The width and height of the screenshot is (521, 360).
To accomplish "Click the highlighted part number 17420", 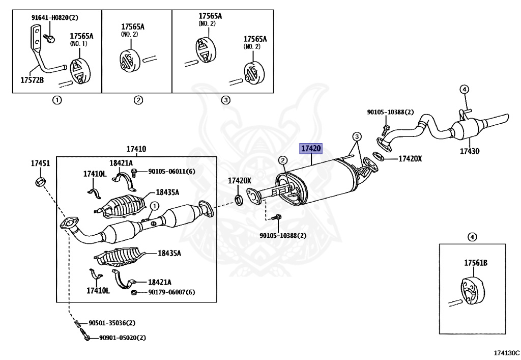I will coord(311,149).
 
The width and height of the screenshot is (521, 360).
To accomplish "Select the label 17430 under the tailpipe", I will coord(470,151).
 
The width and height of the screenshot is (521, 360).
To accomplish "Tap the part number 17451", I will coord(40,163).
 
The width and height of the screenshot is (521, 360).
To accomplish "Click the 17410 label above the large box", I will coord(136,149).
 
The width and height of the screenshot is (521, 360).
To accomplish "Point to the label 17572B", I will coord(33,80).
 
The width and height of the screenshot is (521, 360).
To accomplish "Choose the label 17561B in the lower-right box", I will coord(475,263).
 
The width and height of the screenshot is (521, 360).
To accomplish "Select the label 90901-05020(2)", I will coord(122,338).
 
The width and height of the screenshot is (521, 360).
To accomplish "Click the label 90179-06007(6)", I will coord(171,292).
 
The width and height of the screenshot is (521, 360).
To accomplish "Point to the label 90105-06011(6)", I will coord(171,171).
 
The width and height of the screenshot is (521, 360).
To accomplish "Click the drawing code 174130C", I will coord(506,352).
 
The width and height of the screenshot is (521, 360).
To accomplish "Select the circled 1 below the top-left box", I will coord(57,100).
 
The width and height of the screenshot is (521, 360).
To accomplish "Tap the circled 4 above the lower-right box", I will coord(472,236).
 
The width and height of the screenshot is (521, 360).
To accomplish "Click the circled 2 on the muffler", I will coord(281,161).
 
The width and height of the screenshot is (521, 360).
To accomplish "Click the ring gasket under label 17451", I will coord(40,181).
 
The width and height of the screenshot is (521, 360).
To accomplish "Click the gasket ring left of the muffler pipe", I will coord(238,198).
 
